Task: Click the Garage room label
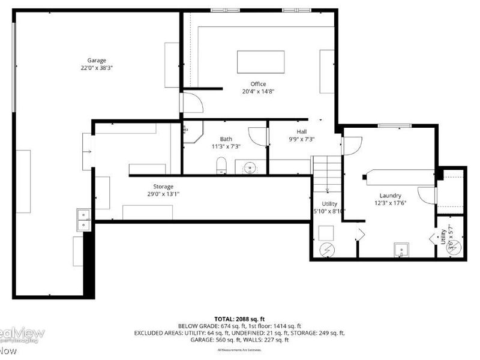97,60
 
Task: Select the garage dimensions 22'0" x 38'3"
97,68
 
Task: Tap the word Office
258,84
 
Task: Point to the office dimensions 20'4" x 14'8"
258,92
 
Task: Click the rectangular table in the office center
261,62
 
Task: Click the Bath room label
226,139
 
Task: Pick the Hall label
302,131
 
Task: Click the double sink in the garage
83,220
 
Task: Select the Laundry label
390,196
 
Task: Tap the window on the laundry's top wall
394,125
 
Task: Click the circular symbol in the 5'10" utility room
328,249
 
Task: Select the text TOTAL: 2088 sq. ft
239,319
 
